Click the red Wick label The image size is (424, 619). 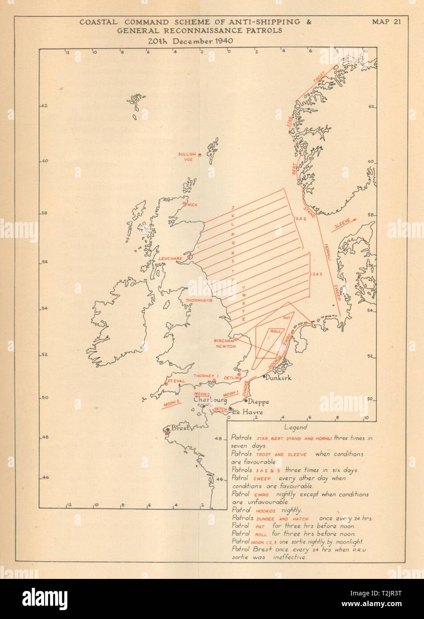coord(192,205)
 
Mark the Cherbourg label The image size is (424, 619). coord(209,400)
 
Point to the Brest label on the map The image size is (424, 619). coord(180,428)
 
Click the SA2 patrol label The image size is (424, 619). coord(300,219)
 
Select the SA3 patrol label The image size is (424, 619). coord(317,274)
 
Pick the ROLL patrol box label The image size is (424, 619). coord(276,331)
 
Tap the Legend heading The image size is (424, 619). coord(295,427)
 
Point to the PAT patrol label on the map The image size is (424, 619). coord(287,318)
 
